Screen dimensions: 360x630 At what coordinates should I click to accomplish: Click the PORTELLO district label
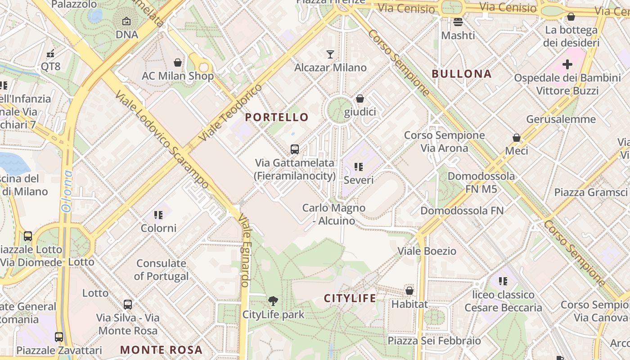pos(277,117)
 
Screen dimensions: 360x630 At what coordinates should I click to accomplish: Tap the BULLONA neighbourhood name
pos(461,74)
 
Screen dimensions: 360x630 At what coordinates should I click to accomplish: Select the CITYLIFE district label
pos(350,298)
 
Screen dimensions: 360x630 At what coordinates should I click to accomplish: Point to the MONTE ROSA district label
pos(161,350)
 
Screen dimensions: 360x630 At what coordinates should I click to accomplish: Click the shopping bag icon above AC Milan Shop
pos(178,63)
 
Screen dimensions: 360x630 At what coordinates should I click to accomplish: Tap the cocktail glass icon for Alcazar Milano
pos(330,54)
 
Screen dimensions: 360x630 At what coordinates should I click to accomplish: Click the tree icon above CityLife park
pos(273,301)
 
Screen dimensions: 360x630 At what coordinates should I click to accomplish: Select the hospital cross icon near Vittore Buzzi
pos(567,64)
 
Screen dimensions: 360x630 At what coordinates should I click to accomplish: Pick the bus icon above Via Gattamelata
pos(295,149)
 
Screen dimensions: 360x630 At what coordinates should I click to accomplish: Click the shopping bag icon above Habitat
pos(409,291)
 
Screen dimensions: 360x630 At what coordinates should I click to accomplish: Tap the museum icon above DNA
pos(126,21)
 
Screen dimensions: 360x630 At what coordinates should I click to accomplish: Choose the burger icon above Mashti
pos(458,22)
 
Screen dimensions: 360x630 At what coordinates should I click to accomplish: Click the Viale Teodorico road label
pos(230,112)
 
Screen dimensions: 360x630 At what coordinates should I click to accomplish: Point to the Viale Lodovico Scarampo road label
pos(162,140)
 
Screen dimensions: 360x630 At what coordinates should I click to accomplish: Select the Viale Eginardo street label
pos(243,250)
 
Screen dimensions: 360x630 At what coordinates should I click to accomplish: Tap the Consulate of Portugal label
pos(161,270)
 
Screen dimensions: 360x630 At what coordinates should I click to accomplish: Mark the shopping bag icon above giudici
pos(360,99)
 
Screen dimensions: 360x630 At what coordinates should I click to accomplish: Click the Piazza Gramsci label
pos(590,193)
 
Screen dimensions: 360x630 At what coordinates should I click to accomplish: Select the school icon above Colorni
pos(158,215)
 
